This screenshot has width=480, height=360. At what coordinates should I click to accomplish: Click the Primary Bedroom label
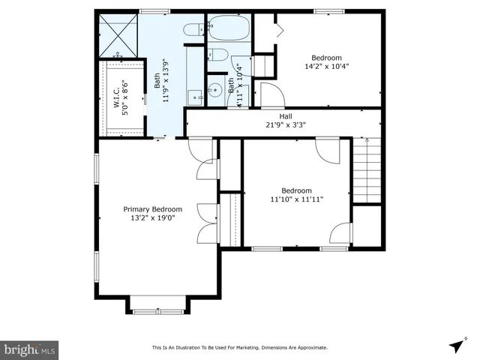coord(152,209)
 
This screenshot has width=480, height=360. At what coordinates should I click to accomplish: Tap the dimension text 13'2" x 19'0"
coord(152,218)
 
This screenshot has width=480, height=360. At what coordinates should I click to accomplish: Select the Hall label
coord(286,116)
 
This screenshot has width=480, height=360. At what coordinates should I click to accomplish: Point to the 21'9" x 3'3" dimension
coord(286,125)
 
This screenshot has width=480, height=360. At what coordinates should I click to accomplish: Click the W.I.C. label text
coord(117,98)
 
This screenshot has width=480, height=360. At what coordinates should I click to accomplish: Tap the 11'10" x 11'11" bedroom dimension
coord(296,199)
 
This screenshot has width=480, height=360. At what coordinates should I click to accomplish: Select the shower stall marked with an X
coord(118,35)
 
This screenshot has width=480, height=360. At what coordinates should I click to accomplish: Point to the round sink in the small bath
coord(215,88)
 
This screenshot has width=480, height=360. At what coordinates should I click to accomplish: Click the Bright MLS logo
coord(30,349)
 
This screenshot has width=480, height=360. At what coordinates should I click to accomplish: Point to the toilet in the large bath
coord(193,30)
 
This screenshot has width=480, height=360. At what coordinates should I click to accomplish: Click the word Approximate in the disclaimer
coord(311,348)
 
